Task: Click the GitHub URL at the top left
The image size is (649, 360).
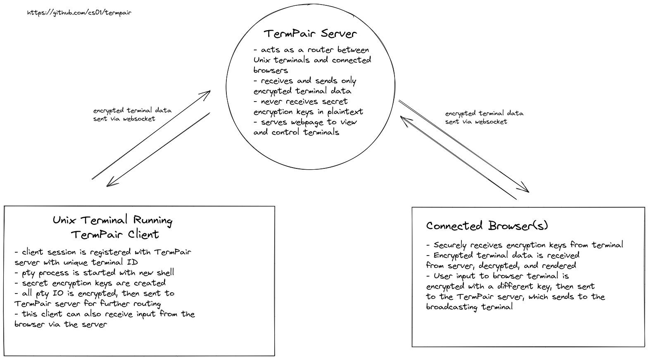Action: click(79, 13)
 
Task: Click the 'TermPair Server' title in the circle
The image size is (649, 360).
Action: click(310, 33)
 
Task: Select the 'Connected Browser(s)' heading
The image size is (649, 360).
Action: click(487, 226)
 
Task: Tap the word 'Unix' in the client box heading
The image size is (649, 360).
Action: click(64, 220)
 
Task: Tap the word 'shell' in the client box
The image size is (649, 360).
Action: click(165, 272)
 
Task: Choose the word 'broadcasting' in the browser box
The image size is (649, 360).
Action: click(452, 307)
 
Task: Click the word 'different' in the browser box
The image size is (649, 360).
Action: click(516, 286)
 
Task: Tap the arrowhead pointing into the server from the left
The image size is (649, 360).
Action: click(207, 95)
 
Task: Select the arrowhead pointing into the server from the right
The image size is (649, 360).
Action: click(404, 121)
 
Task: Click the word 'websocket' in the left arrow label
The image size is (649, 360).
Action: click(139, 119)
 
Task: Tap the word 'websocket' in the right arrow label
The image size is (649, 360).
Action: click(491, 122)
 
